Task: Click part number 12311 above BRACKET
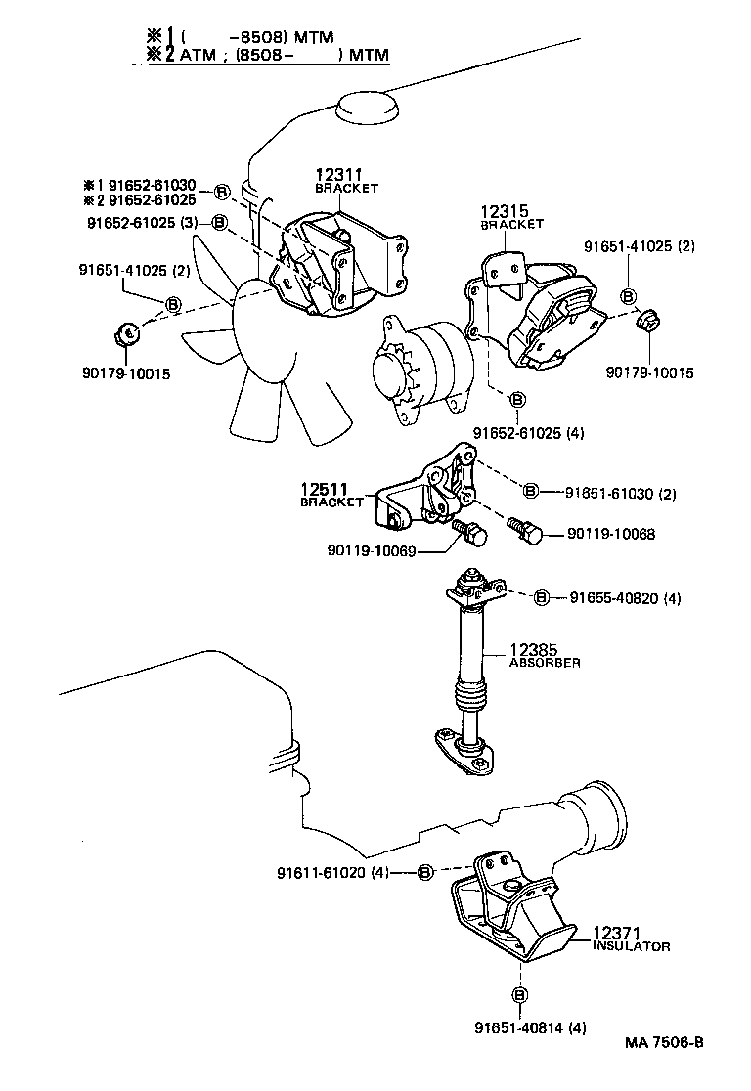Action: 339,175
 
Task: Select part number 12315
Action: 505,211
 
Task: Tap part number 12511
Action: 325,489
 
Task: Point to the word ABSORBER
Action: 545,663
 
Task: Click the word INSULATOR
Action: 632,946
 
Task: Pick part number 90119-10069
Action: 372,551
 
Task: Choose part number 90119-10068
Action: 611,534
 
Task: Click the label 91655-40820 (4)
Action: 625,597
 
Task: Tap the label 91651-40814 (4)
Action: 530,1027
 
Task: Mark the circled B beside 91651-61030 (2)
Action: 530,491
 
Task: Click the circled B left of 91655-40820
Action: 541,597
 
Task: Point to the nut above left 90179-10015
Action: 127,334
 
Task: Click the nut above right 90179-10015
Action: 648,321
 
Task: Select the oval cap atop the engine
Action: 368,108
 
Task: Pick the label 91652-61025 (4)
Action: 528,433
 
